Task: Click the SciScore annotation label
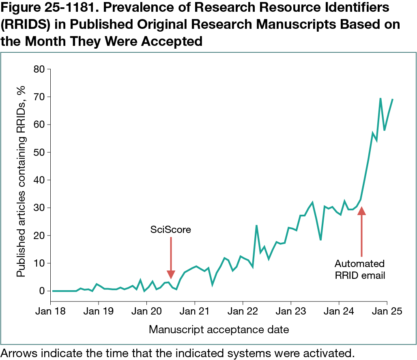[x=170, y=230]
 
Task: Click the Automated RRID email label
[x=360, y=269]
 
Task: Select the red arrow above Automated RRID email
[x=361, y=231]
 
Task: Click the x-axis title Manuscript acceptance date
[x=219, y=329]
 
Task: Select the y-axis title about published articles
[x=21, y=181]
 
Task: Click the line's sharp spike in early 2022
[x=256, y=225]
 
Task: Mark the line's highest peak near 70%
[x=380, y=98]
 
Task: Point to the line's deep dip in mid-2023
[x=320, y=240]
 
